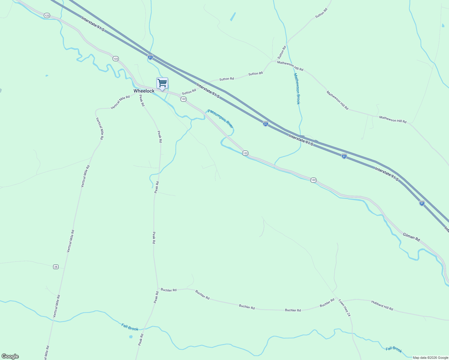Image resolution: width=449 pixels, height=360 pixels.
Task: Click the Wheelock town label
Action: (x=144, y=91)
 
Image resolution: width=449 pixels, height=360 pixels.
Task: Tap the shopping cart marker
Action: (x=162, y=83)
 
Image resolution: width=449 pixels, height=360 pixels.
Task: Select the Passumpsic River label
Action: (x=220, y=118)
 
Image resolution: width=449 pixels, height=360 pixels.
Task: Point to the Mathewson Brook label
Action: (x=297, y=89)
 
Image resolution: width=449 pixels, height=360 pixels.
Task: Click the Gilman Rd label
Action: (x=411, y=237)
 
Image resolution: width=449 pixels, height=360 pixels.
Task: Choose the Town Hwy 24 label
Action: (x=344, y=308)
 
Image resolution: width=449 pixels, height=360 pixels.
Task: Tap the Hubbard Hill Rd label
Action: (x=382, y=305)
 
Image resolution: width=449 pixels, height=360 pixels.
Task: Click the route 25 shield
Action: (x=56, y=267)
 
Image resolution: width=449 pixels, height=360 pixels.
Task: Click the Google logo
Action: (x=10, y=356)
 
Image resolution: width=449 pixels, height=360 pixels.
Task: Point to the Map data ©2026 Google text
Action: (x=430, y=358)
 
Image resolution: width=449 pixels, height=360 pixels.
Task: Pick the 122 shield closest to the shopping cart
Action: (x=184, y=99)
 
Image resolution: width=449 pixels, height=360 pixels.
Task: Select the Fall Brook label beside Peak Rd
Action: (x=130, y=327)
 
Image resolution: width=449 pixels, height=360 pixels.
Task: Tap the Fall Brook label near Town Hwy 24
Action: (x=393, y=349)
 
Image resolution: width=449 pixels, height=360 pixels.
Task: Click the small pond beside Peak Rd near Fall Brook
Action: (x=131, y=337)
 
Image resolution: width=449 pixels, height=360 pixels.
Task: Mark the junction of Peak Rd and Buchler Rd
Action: (x=158, y=289)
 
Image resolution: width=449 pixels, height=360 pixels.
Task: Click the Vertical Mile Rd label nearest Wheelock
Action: (x=120, y=102)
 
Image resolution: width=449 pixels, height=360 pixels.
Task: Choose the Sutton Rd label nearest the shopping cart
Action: (x=189, y=91)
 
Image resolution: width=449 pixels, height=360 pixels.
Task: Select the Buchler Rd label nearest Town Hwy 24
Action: (x=327, y=303)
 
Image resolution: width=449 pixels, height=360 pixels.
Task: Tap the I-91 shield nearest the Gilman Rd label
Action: (x=422, y=203)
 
